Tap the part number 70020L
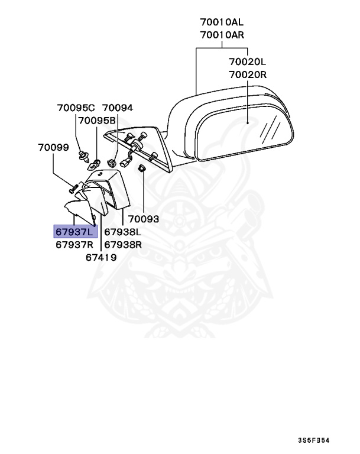point(248,61)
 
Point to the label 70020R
point(248,74)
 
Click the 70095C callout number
point(76,108)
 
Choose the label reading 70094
point(118,108)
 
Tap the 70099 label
point(53,147)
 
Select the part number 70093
point(144,219)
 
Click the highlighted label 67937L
point(75,232)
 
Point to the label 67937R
point(75,245)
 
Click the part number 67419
point(101,258)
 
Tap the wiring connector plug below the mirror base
point(125,159)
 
